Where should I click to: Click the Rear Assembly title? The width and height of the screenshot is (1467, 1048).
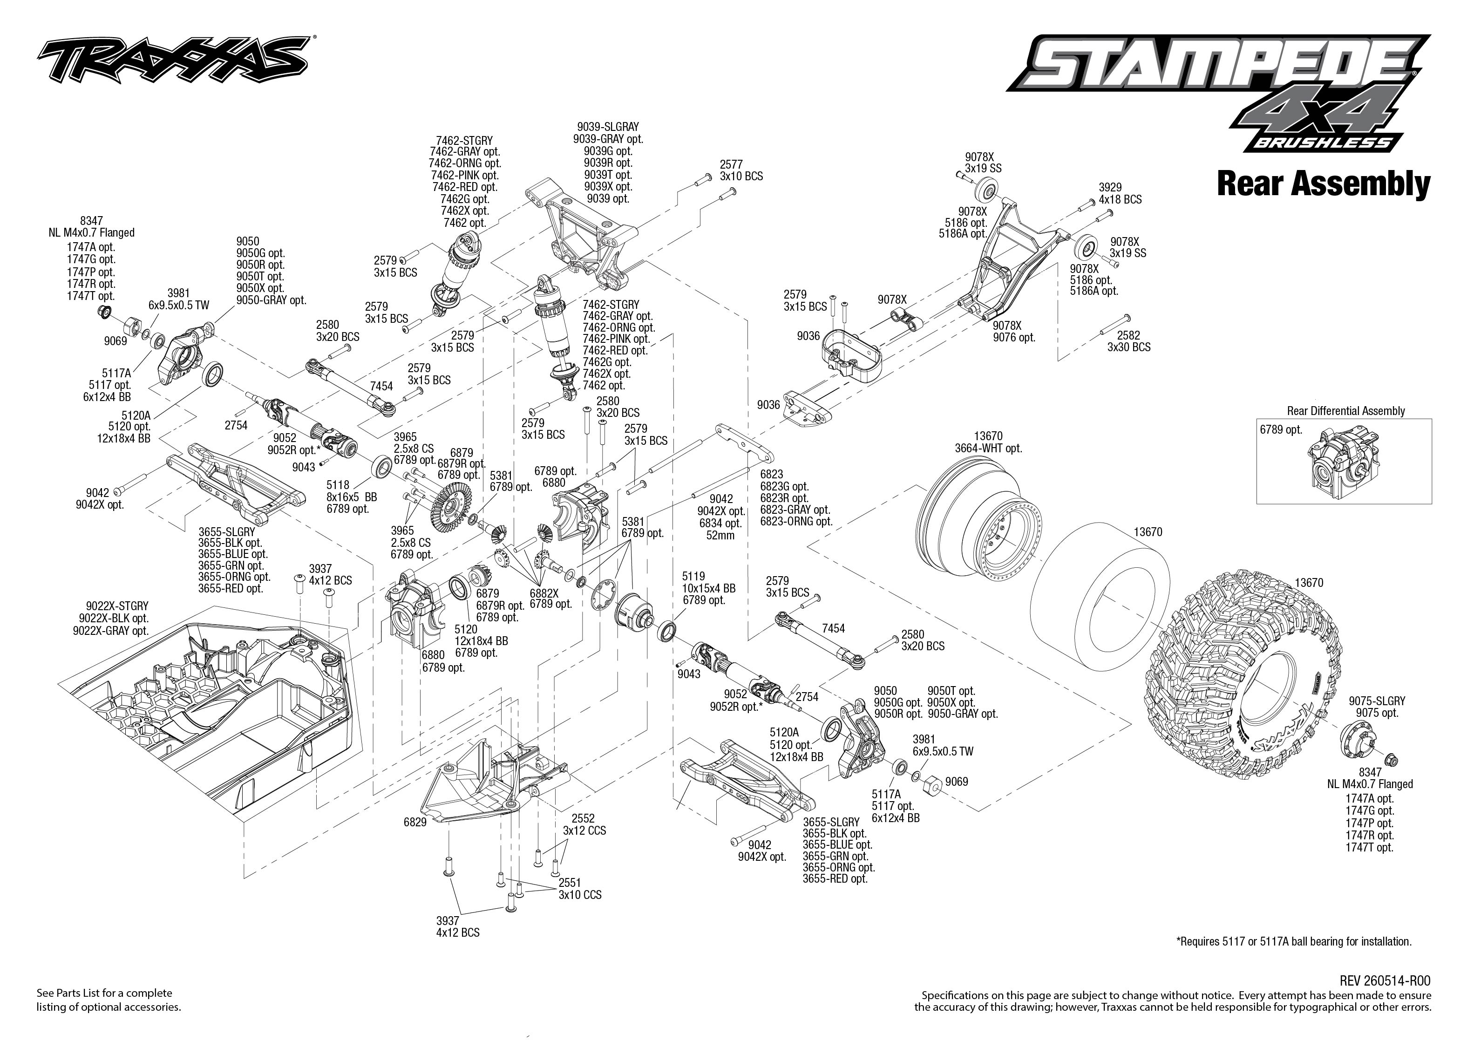pyautogui.click(x=1323, y=184)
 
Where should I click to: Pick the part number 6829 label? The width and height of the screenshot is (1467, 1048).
pyautogui.click(x=415, y=823)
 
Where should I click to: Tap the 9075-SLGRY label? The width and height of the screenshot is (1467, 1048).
pyautogui.click(x=1377, y=701)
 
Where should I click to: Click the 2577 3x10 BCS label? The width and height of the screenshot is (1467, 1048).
pyautogui.click(x=741, y=170)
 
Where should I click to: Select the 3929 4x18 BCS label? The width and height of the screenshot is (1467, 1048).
pyautogui.click(x=1120, y=194)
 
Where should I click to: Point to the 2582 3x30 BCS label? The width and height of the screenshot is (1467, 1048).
pyautogui.click(x=1128, y=341)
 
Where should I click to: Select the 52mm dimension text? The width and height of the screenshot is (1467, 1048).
pyautogui.click(x=720, y=535)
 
